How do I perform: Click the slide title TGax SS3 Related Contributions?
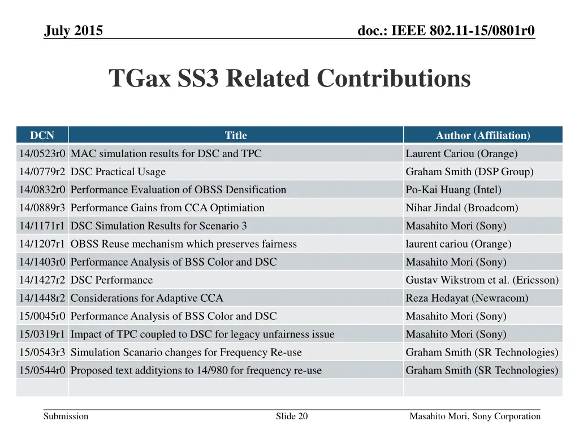[289, 79]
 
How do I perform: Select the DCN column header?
[42, 135]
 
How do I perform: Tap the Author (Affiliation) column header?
[483, 135]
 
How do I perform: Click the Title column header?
[236, 135]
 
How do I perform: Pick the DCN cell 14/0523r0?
[42, 154]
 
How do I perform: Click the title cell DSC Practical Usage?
[118, 172]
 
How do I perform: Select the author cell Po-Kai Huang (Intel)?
[453, 190]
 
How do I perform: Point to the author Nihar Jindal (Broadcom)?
[462, 208]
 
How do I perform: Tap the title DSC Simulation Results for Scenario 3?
[159, 226]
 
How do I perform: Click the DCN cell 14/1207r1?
[42, 244]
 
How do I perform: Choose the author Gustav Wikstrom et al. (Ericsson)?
[482, 280]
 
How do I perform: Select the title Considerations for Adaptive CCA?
[147, 298]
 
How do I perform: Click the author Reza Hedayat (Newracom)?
[467, 298]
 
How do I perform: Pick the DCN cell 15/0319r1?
[42, 335]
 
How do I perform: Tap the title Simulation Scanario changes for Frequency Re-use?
[186, 353]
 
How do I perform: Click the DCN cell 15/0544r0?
[42, 371]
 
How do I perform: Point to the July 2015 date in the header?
[74, 31]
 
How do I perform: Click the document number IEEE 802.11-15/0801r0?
[447, 31]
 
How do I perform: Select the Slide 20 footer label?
[292, 416]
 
